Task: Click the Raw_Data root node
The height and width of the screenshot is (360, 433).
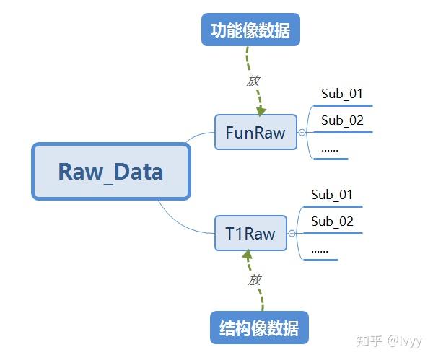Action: pos(110,172)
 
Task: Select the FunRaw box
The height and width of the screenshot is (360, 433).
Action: pos(255,132)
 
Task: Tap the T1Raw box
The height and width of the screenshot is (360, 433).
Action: pos(250,233)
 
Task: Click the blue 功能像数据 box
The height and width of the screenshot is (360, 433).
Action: pos(250,31)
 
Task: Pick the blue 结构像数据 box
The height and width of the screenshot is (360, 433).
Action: pos(259,328)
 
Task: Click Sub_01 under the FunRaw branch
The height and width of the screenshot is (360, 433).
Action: pos(341,94)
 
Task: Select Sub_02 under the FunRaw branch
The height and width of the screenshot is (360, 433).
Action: pos(341,120)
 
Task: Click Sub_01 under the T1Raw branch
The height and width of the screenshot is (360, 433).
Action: pos(331,195)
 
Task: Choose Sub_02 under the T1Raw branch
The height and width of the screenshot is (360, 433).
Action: pos(332,221)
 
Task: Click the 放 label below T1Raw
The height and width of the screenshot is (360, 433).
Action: pos(254,280)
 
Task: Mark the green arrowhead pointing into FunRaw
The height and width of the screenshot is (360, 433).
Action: pos(260,110)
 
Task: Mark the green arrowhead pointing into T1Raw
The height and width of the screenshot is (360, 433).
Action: pos(248,255)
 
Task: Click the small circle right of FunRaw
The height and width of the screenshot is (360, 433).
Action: pos(302,132)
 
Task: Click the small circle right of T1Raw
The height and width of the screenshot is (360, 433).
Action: pos(292,233)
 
